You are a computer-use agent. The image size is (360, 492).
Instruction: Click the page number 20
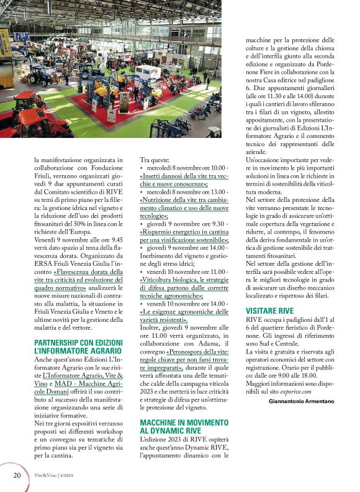coord(17,475)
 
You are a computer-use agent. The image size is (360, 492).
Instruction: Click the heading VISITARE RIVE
coord(270,309)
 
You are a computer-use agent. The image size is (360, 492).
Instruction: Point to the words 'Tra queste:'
coord(156,160)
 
